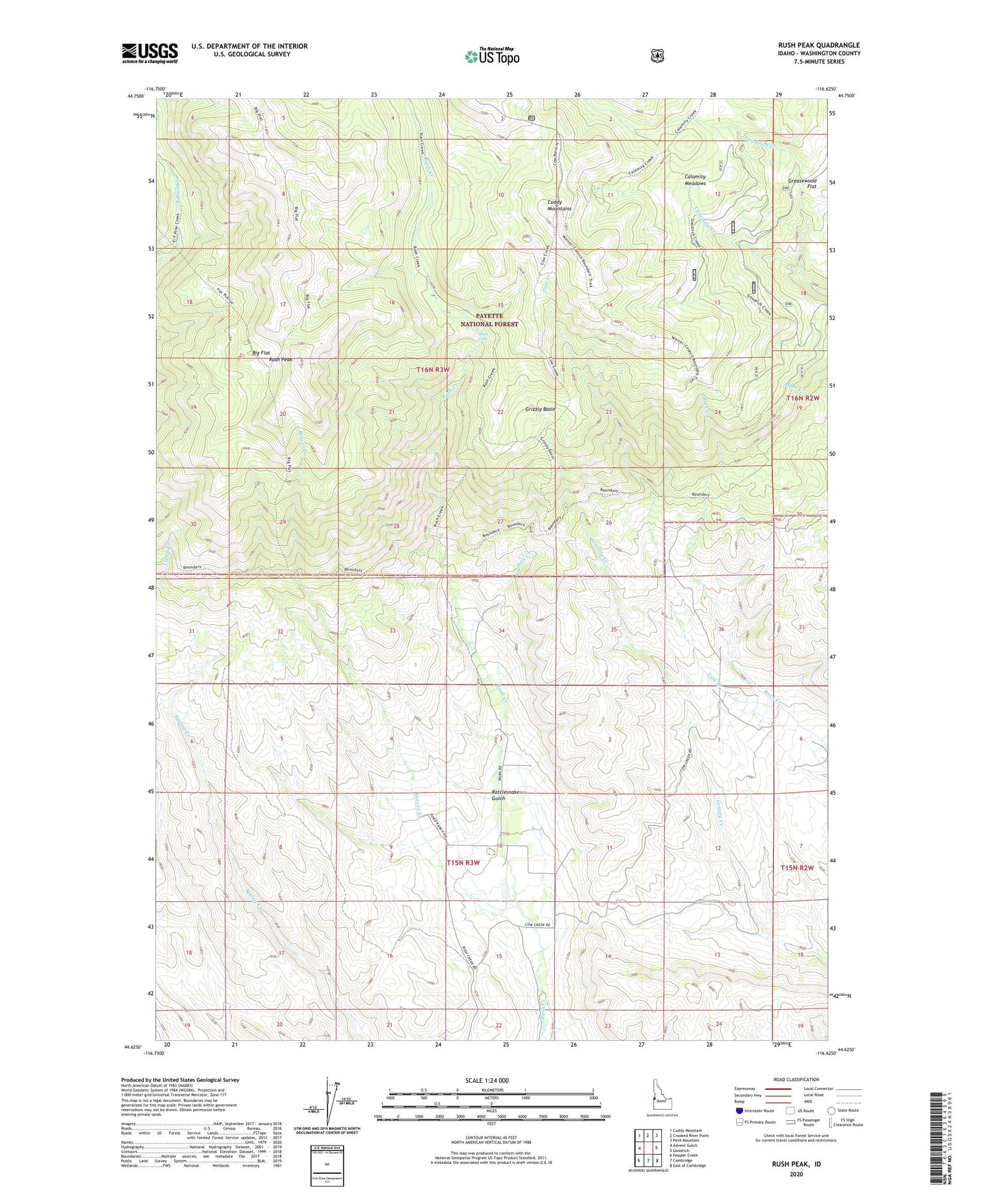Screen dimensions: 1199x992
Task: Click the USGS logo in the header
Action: tap(149, 53)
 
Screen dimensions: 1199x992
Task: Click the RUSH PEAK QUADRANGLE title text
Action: tap(819, 45)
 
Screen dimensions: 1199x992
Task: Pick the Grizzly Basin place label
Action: tap(540, 409)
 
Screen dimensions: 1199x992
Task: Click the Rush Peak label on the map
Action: tap(280, 360)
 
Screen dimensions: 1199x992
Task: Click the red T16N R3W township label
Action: tap(437, 370)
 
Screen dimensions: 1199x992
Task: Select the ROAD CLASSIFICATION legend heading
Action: tap(795, 1079)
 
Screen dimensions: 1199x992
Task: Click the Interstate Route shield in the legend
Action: tap(739, 1110)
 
